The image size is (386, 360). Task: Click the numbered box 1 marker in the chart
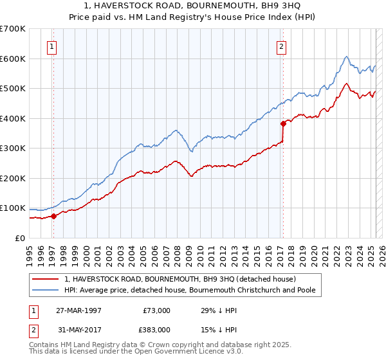click(x=51, y=46)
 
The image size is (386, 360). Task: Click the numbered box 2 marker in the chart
click(x=281, y=46)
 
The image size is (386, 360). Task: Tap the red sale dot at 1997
click(x=54, y=216)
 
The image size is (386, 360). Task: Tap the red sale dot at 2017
click(x=283, y=123)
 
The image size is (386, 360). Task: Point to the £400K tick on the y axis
click(x=13, y=118)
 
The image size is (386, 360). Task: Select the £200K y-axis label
click(x=13, y=178)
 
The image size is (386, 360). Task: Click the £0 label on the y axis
click(x=21, y=238)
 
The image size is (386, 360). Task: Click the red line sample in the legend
click(x=46, y=279)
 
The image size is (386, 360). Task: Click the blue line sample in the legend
click(x=46, y=290)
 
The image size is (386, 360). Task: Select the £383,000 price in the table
click(x=157, y=329)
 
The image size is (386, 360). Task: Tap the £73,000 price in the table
click(x=157, y=310)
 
